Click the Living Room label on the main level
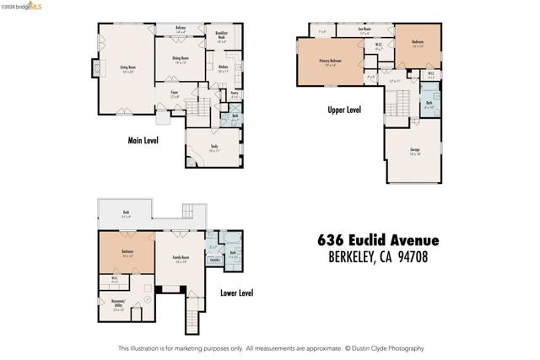127,67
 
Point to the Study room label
213,148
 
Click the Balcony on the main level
181,30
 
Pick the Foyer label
174,94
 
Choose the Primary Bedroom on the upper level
328,62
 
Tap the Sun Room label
364,31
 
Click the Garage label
414,153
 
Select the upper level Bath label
429,105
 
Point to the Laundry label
214,260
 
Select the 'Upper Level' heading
344,110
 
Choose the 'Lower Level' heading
236,293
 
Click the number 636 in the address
332,240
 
